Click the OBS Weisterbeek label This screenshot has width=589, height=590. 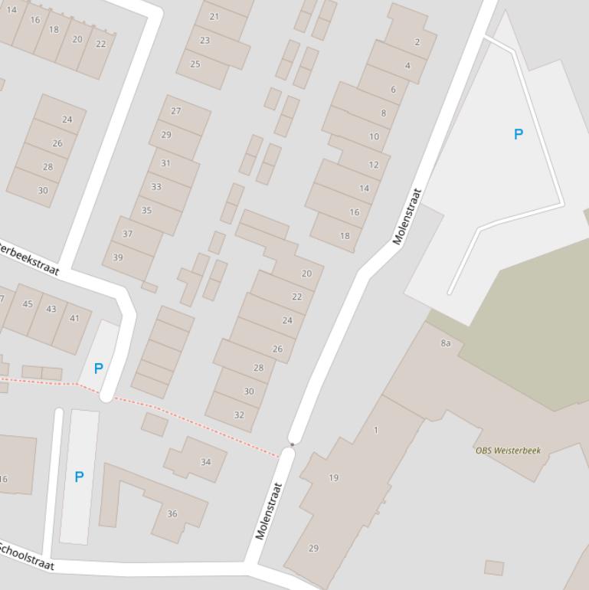pos(508,451)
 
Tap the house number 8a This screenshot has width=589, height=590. pos(446,343)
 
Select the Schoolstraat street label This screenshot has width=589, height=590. pos(27,556)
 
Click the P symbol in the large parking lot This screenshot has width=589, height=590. pos(519,134)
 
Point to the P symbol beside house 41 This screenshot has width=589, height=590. pos(98,369)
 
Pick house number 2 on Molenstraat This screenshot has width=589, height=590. pos(417,42)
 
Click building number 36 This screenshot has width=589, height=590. pos(172,514)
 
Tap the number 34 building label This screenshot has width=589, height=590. pos(205,462)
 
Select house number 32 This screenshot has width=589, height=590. pos(239,415)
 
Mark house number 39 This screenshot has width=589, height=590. pos(118,257)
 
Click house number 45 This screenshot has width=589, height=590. pos(28,304)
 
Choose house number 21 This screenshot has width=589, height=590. pos(214,16)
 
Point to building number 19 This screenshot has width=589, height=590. pos(333,477)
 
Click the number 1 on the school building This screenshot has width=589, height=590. pos(376,431)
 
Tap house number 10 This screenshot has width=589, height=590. pos(374,136)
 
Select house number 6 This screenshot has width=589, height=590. pos(394,90)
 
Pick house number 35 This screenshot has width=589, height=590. pos(146,210)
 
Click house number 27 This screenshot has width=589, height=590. pos(176,111)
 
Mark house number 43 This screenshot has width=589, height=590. pos(51,310)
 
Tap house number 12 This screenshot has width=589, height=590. pos(374,165)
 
